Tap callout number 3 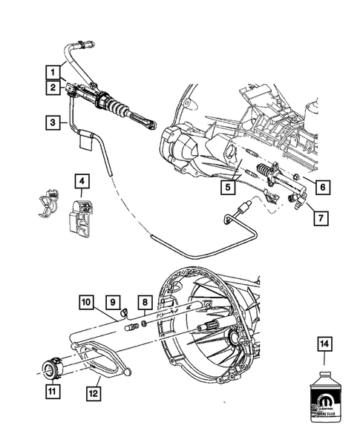[x=52, y=120]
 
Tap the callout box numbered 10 [x=87, y=302]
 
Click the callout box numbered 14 [x=324, y=343]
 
